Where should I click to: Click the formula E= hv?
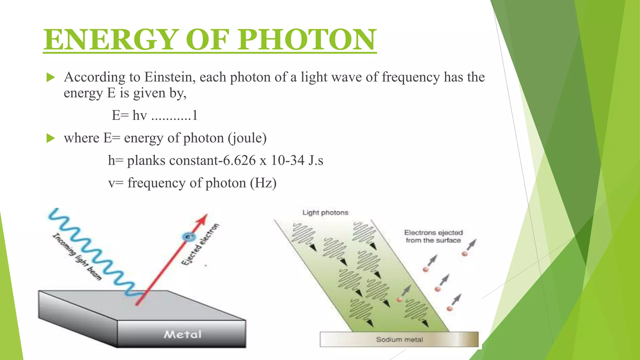[x=129, y=115]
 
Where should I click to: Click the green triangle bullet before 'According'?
[x=51, y=77]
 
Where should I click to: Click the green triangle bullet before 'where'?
[x=51, y=138]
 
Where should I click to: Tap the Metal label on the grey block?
[x=183, y=335]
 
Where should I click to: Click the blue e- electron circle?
[x=188, y=237]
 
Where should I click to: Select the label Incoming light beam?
[x=77, y=257]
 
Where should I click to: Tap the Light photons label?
[x=325, y=213]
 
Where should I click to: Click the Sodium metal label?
[x=399, y=340]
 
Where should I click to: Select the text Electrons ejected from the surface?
[x=433, y=237]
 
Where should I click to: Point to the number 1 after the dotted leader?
[x=195, y=115]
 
